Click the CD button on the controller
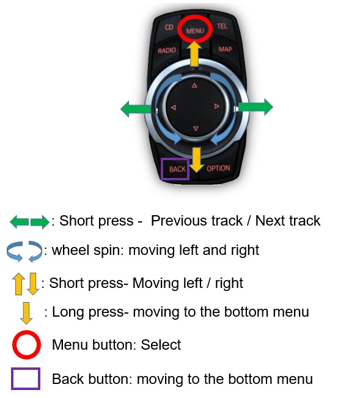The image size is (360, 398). coord(169,28)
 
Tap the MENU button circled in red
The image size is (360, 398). coord(195,31)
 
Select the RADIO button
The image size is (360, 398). coord(167,50)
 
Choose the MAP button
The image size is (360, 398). coord(225,49)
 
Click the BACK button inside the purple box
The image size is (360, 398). coord(177,169)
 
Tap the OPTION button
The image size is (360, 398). coord(218,168)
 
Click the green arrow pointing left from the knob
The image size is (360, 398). coord(136,109)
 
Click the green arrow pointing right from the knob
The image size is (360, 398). coord(255,107)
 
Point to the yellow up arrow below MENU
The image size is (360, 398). coord(194,54)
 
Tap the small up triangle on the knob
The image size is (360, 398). coord(194,86)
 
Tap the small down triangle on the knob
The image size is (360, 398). coord(196,128)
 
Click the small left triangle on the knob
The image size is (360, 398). coord(174,108)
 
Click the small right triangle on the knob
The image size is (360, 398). coord(216,106)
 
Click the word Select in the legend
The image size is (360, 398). coord(161,345)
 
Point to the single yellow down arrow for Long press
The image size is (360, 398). coord(26,313)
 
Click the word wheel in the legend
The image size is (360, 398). coord(71,250)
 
